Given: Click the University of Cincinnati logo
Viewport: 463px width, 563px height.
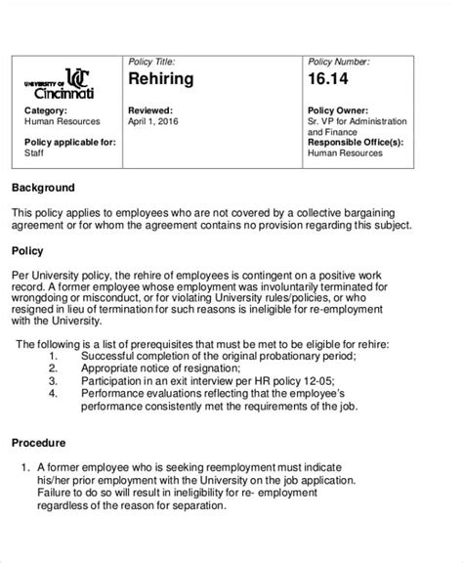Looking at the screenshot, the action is [x=61, y=84].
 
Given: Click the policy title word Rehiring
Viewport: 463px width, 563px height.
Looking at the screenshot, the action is [x=161, y=79].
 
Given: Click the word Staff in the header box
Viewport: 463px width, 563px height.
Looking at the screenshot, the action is [x=34, y=152].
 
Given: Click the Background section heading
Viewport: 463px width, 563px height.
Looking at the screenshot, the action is [x=43, y=187].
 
